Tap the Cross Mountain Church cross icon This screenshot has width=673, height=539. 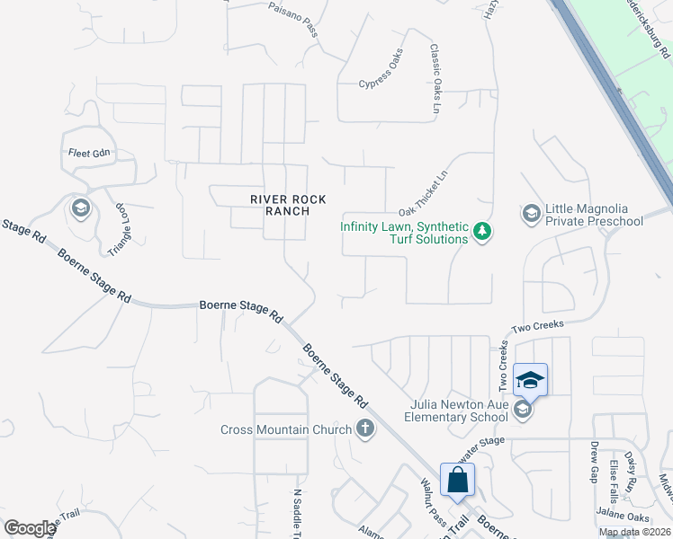click(x=365, y=429)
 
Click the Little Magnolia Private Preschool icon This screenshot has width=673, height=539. click(x=530, y=213)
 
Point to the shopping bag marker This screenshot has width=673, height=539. click(x=457, y=480)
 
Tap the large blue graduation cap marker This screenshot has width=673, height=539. click(x=530, y=380)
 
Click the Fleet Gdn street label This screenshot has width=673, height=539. click(x=88, y=153)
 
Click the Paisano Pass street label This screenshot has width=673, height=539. click(x=293, y=17)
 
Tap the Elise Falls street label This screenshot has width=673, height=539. click(x=613, y=481)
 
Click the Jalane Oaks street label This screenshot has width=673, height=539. click(x=624, y=516)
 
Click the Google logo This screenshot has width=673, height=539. click(x=30, y=528)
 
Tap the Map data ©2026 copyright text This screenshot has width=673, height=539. click(x=634, y=532)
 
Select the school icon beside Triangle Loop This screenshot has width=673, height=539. click(x=80, y=209)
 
